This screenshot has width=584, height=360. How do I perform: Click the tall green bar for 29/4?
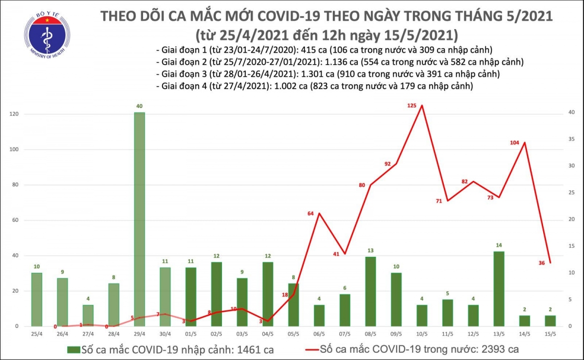click(139, 219)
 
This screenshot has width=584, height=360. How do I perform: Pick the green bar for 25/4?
click(36, 299)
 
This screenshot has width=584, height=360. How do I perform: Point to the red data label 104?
click(514, 143)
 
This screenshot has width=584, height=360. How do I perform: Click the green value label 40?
click(139, 106)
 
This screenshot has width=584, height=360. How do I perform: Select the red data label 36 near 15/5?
click(541, 263)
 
